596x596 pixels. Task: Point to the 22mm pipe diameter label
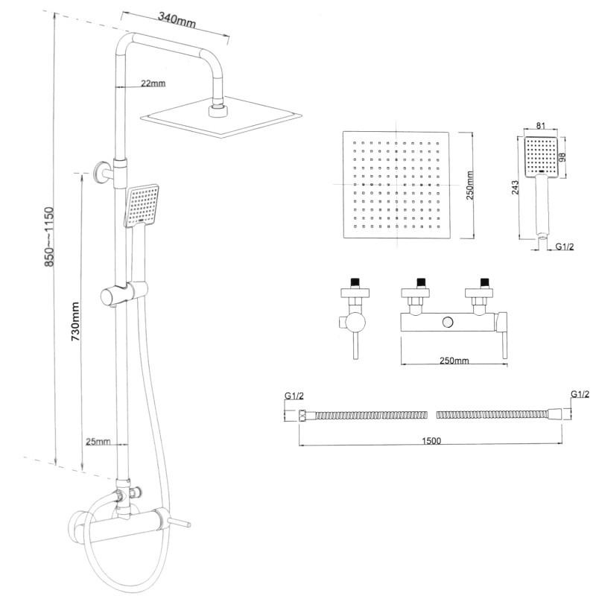(x=152, y=83)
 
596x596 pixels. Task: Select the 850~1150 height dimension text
(x=49, y=237)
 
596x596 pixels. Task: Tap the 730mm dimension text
(x=75, y=321)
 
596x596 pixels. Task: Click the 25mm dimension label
(x=98, y=441)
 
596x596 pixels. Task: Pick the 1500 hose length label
(x=431, y=440)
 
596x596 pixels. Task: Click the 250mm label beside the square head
(x=469, y=186)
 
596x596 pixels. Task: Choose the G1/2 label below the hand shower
(x=565, y=246)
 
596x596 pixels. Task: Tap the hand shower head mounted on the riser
(x=141, y=206)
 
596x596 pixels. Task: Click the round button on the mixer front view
(x=448, y=322)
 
